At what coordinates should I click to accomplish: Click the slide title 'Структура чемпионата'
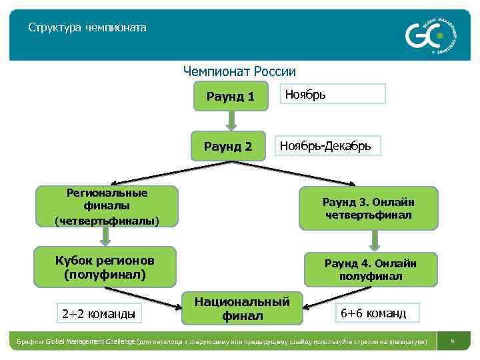pyautogui.click(x=87, y=29)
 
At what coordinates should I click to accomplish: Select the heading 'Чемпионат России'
pyautogui.click(x=239, y=71)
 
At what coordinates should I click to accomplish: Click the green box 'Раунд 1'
pyautogui.click(x=230, y=97)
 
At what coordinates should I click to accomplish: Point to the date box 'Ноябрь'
pyautogui.click(x=332, y=94)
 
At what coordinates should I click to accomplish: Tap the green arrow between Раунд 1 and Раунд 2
pyautogui.click(x=231, y=120)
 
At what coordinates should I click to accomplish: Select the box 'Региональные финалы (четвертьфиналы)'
pyautogui.click(x=107, y=205)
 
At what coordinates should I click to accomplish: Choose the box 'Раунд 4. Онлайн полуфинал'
pyautogui.click(x=371, y=268)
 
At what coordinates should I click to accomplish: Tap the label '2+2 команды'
pyautogui.click(x=97, y=312)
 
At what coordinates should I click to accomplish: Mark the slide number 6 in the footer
pyautogui.click(x=453, y=341)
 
